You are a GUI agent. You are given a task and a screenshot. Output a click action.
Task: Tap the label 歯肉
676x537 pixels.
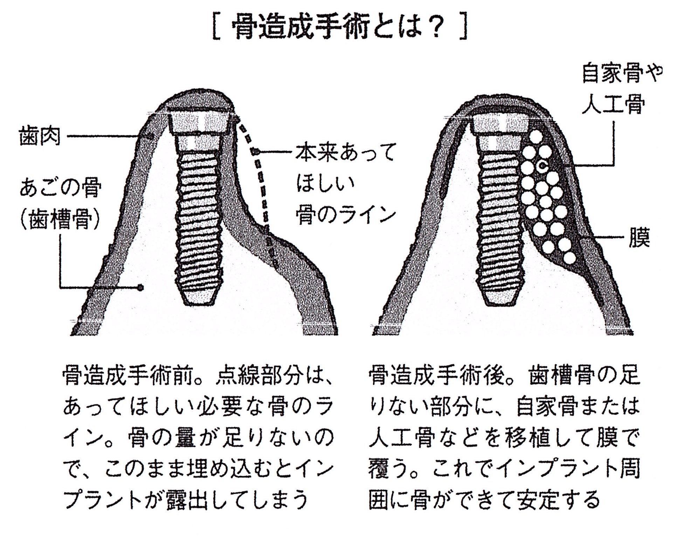tap(40, 136)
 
